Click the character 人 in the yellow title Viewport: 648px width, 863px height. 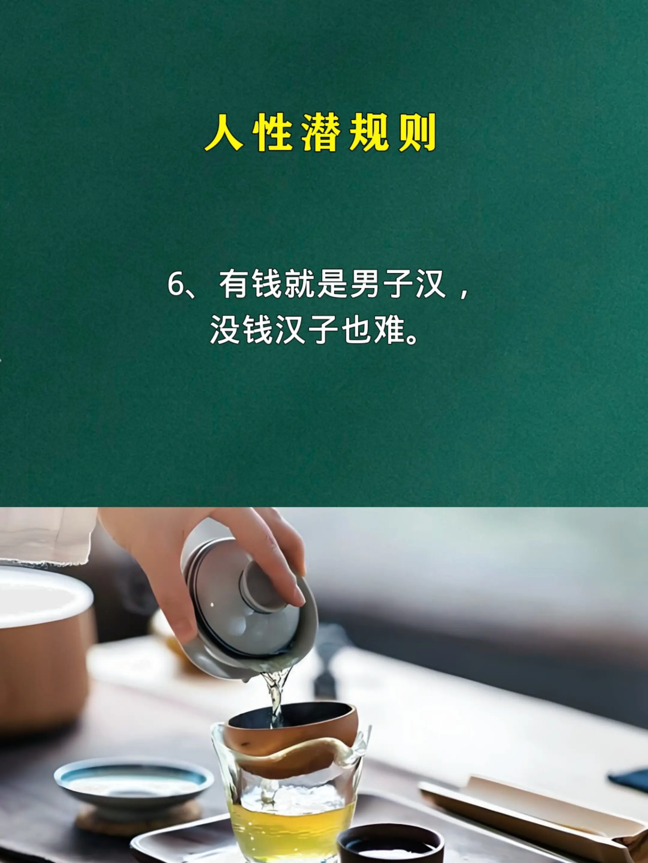pos(223,133)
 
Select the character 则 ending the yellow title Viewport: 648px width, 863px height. pos(417,133)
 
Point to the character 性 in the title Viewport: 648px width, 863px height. pos(271,133)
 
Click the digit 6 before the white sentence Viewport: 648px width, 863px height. pos(175,285)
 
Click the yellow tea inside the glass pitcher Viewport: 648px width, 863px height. pos(292,823)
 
